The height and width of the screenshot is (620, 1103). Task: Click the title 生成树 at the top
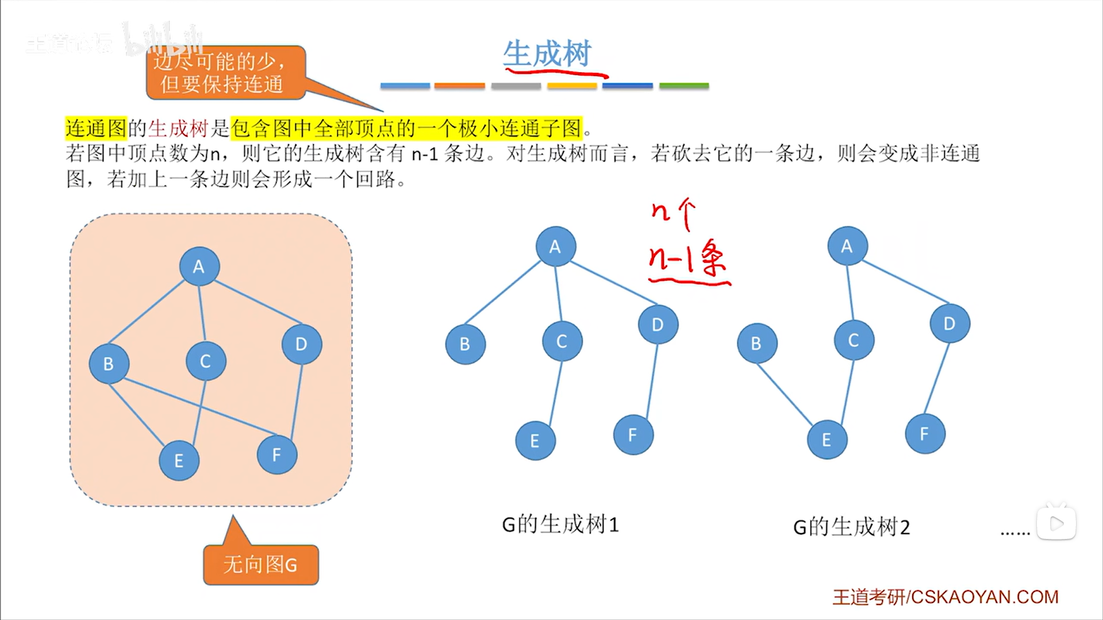547,54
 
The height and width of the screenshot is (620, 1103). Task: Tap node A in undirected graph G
199,267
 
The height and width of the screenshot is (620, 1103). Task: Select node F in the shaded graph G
276,455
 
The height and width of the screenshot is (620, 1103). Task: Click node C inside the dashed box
205,361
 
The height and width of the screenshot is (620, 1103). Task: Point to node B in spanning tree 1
465,344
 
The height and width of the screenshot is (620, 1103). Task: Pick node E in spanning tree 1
535,441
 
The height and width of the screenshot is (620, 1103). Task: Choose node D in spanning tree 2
949,324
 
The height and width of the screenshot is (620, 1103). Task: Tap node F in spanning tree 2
924,434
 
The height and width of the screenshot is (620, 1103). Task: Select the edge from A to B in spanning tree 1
502,293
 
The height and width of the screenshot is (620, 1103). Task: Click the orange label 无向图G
260,565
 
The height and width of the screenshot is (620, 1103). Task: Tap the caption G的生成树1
560,525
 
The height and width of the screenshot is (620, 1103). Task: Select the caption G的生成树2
851,527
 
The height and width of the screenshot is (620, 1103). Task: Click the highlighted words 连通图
95,128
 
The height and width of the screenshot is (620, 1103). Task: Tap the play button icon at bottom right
1056,523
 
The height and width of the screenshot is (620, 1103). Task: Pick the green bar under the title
683,86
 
